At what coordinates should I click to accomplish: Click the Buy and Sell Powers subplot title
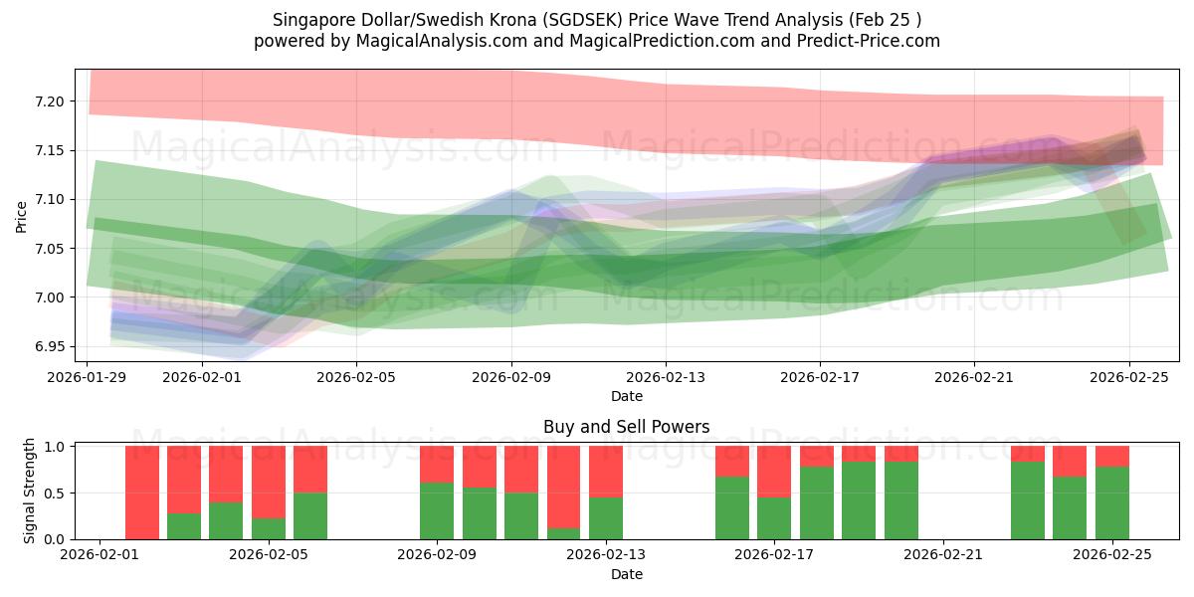(x=626, y=427)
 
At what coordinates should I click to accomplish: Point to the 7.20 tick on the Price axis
(x=49, y=101)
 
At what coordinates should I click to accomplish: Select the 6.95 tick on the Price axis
(x=49, y=346)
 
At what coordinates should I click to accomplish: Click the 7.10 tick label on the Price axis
(x=49, y=199)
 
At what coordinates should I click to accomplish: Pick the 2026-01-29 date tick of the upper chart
(x=88, y=377)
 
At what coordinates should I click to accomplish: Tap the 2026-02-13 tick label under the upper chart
(x=665, y=377)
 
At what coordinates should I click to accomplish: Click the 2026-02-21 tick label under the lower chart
(x=942, y=555)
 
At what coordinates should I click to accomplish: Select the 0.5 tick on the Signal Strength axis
(x=55, y=493)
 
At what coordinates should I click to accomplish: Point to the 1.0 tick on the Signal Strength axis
(x=55, y=447)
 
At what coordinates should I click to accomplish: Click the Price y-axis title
(x=22, y=216)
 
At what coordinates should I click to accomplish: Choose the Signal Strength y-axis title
(x=30, y=491)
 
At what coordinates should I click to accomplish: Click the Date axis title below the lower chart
(x=626, y=574)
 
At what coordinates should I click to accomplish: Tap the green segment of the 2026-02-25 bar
(x=1111, y=503)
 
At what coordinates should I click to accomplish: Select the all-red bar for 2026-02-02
(x=142, y=493)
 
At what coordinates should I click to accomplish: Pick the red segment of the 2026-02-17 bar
(x=774, y=472)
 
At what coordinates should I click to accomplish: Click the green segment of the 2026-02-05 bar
(x=310, y=515)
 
